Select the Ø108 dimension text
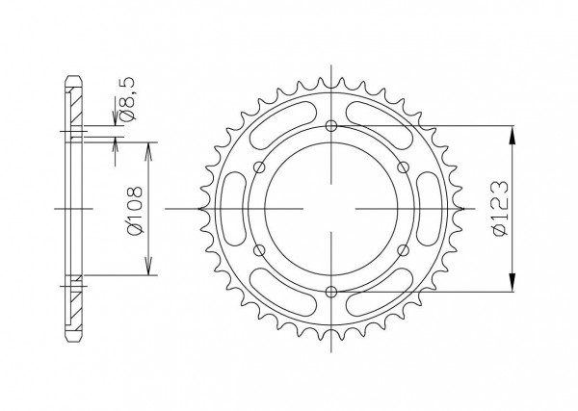click(x=134, y=210)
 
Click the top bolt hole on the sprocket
click(x=331, y=126)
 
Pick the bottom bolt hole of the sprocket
click(x=331, y=292)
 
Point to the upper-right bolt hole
click(x=404, y=167)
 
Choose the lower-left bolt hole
click(x=260, y=250)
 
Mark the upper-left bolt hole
click(x=260, y=167)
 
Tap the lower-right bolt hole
click(x=404, y=250)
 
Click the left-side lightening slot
click(x=236, y=209)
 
